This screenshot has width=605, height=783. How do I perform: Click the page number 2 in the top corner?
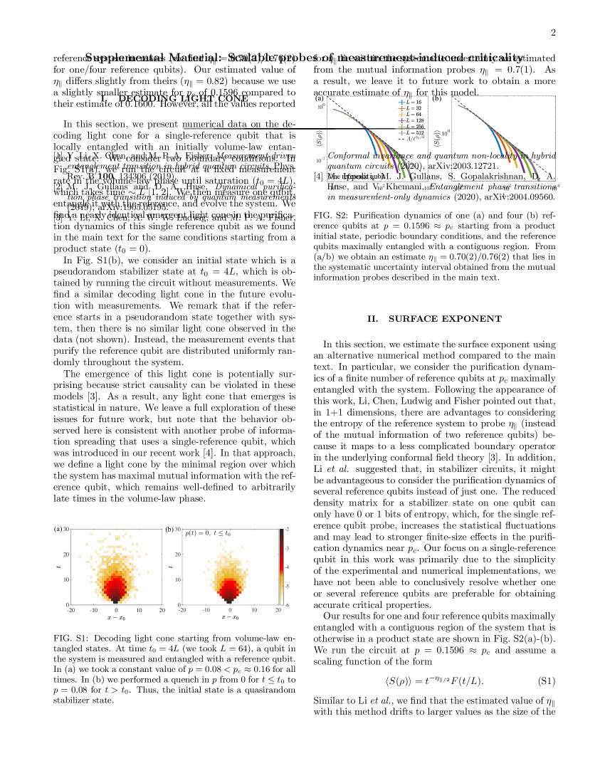[553, 33]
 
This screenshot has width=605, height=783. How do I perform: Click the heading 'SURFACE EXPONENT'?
[435, 318]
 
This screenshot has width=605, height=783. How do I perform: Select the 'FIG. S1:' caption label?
[69, 638]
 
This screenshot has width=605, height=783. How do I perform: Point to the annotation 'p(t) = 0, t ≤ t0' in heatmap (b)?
[208, 532]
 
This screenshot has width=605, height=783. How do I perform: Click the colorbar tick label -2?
[287, 530]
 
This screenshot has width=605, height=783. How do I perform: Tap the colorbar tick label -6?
[287, 604]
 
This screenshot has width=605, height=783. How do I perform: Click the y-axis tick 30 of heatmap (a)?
[65, 530]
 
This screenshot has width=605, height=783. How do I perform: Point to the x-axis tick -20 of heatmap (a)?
[70, 610]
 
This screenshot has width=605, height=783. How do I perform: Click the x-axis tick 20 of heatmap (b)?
[276, 610]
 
